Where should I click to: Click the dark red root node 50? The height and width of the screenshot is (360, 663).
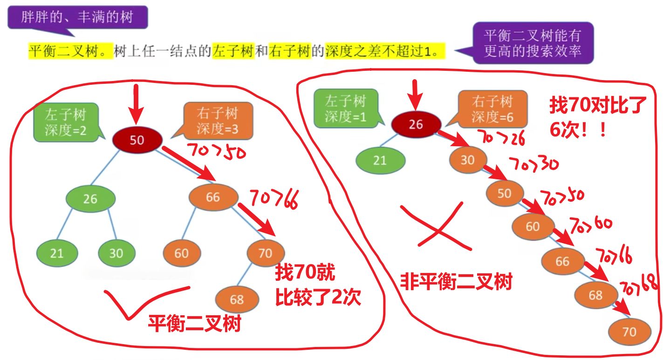click(x=137, y=139)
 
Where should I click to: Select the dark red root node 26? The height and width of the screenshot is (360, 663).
click(x=416, y=124)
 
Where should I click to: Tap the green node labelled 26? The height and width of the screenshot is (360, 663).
click(x=90, y=199)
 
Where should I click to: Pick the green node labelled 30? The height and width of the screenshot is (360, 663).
click(x=116, y=253)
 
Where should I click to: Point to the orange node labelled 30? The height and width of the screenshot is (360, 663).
click(x=467, y=160)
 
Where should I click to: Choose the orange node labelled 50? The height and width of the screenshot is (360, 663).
click(x=505, y=193)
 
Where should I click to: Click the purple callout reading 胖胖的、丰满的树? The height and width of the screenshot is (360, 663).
click(x=77, y=18)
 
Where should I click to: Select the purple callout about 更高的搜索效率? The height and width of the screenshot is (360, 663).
click(x=533, y=43)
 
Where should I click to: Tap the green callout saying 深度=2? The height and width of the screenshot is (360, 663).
click(x=66, y=122)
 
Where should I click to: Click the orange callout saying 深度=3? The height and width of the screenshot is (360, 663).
click(x=217, y=121)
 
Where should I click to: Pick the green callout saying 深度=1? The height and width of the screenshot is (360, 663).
click(x=345, y=109)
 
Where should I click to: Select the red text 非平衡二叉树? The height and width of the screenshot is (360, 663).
click(x=456, y=281)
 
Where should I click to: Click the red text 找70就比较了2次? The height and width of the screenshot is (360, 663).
click(x=317, y=285)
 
